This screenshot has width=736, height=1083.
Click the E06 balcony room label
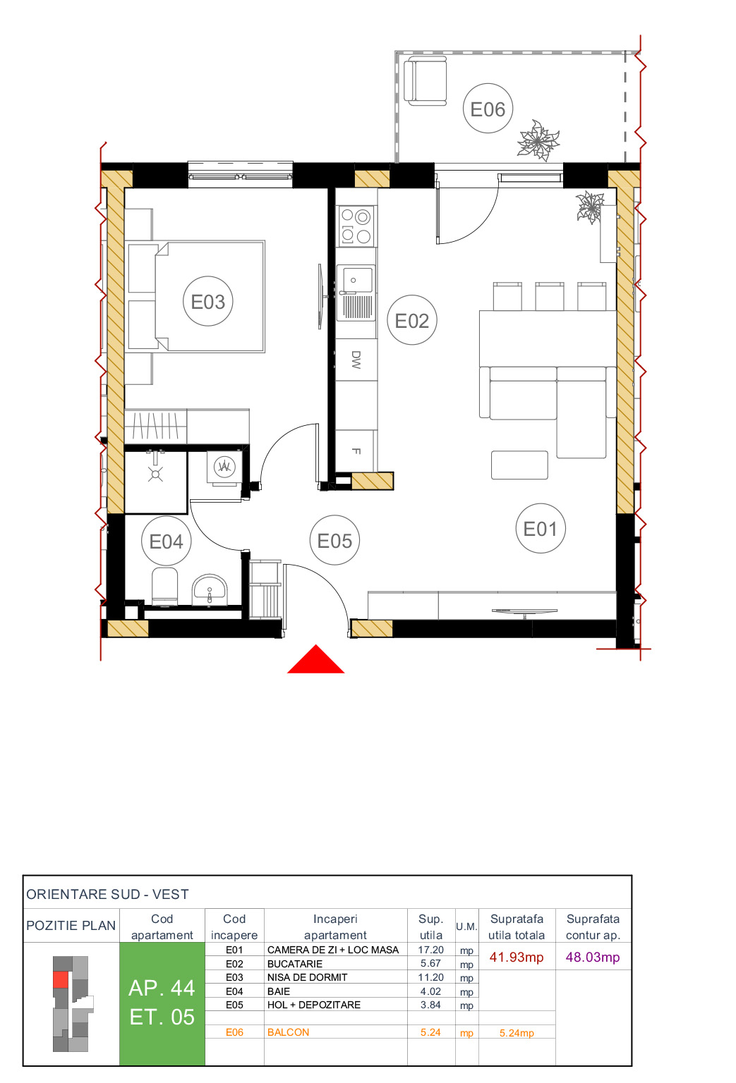[488, 109]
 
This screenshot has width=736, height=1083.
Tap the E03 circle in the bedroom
[207, 301]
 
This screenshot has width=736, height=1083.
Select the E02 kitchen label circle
[412, 320]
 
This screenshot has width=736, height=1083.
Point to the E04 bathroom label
[166, 541]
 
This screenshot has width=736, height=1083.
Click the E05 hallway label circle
[334, 540]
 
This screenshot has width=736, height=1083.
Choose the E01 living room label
[540, 528]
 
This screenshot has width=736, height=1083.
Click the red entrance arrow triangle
[315, 661]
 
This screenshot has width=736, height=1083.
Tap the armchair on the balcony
[426, 82]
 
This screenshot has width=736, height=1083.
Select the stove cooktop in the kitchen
[356, 226]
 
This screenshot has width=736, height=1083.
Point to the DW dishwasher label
[356, 360]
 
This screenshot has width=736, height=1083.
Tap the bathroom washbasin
[210, 589]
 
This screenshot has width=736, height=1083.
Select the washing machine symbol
[224, 466]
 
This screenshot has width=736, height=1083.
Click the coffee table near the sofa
[519, 465]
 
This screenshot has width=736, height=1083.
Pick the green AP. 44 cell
[162, 1003]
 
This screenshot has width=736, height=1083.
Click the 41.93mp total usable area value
[517, 957]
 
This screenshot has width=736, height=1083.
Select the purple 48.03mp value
[593, 957]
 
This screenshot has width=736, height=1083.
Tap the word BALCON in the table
[288, 1032]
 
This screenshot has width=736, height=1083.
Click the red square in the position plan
[61, 979]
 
